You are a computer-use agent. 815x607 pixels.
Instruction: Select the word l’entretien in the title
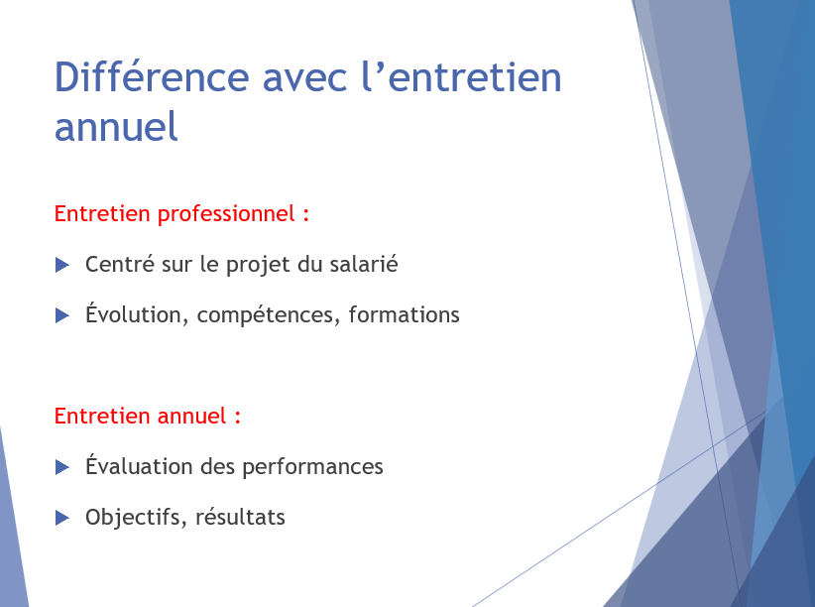(461, 77)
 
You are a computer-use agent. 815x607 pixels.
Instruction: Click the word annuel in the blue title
(116, 126)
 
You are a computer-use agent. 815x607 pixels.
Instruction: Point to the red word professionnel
(227, 215)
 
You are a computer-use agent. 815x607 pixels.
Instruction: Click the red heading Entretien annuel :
(148, 417)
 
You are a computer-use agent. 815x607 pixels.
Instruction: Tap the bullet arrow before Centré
(61, 265)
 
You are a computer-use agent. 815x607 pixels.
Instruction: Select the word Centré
(120, 264)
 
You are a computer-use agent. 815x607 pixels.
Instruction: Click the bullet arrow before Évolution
(61, 315)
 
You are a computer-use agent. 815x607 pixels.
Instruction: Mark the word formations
(405, 314)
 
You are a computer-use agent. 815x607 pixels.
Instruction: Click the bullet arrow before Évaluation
(61, 467)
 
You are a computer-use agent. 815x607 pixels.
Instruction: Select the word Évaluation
(139, 465)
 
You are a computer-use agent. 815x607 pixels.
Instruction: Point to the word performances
(313, 467)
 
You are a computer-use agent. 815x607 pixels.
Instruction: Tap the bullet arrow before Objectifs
(61, 518)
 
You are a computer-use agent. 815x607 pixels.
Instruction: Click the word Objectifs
(137, 518)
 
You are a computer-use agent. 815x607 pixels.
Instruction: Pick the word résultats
(240, 517)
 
